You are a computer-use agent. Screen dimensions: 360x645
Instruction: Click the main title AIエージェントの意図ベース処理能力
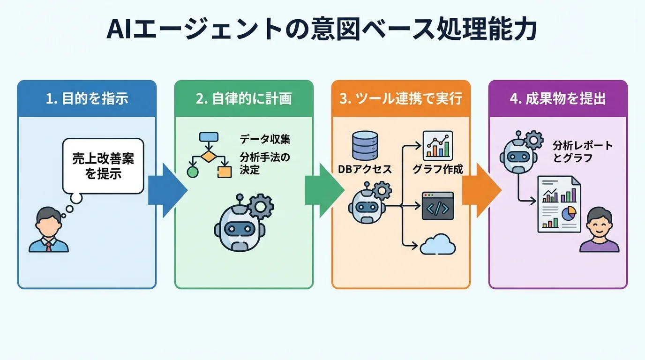322,30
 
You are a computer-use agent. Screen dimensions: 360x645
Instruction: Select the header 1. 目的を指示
87,99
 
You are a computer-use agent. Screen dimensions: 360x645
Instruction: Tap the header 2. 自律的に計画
244,99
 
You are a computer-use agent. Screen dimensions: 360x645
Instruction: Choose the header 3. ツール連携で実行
401,99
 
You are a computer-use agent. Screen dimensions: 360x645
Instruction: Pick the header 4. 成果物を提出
558,99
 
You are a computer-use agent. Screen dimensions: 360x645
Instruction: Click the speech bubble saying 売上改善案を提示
103,166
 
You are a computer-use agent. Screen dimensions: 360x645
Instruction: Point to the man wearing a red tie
48,231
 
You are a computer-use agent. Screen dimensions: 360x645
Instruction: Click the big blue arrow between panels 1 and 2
167,190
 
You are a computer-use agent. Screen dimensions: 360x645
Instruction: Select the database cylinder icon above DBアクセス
364,145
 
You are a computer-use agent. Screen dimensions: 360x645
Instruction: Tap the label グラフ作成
437,169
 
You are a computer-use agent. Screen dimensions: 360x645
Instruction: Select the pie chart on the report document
569,214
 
